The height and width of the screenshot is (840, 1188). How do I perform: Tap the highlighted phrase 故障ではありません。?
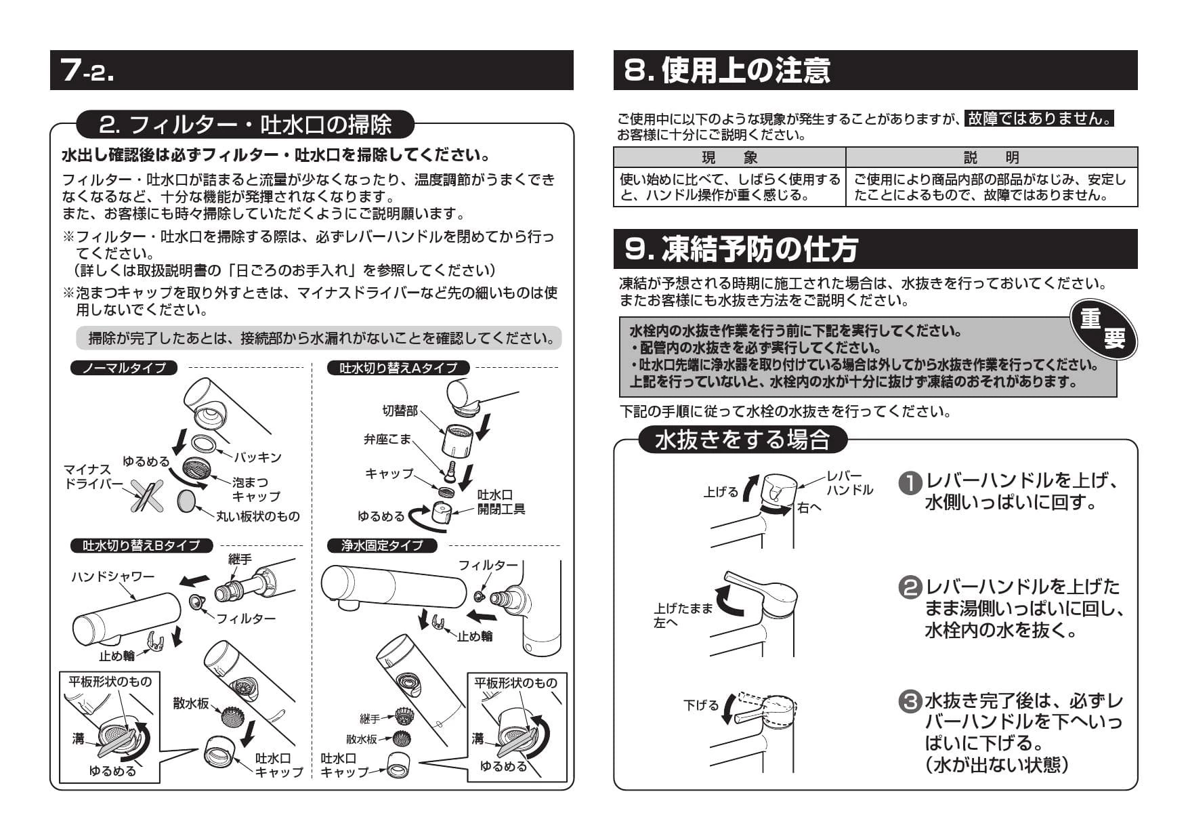point(1039,119)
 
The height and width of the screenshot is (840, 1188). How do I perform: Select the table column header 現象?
point(729,158)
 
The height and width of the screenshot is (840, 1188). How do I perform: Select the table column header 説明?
point(991,158)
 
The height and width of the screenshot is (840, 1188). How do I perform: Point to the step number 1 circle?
point(910,482)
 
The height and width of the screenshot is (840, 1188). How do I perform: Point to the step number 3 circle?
point(910,701)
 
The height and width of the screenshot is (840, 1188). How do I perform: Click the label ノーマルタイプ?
point(123,368)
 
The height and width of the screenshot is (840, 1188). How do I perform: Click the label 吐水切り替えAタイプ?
point(398,368)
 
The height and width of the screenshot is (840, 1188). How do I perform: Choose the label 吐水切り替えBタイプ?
point(142,545)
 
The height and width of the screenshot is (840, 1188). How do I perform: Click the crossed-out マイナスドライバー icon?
point(147,495)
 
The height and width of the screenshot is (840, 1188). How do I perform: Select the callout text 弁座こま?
point(387,439)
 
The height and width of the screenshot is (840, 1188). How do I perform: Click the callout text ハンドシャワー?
point(113,576)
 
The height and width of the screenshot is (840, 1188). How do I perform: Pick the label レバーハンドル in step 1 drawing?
point(849,483)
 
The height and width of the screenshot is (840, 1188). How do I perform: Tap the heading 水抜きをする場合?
point(742,440)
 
